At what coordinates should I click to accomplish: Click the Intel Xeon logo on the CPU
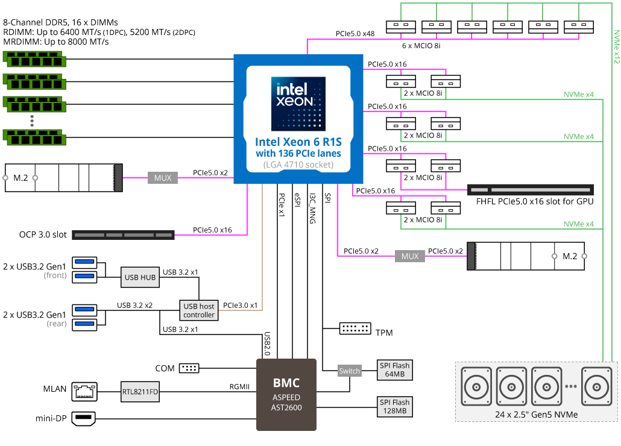pyautogui.click(x=298, y=104)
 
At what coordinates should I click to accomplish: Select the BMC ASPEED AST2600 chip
pyautogui.click(x=286, y=395)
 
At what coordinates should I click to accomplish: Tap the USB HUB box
pyautogui.click(x=140, y=277)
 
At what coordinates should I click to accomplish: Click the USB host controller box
pyautogui.click(x=199, y=310)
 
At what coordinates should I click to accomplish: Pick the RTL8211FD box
pyautogui.click(x=140, y=392)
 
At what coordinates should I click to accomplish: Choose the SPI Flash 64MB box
pyautogui.click(x=394, y=370)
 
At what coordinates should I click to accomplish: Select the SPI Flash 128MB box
pyautogui.click(x=394, y=406)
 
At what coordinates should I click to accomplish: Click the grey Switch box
pyautogui.click(x=350, y=371)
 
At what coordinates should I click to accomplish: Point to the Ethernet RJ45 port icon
pyautogui.click(x=84, y=392)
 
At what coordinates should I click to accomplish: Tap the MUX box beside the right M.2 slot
pyautogui.click(x=410, y=257)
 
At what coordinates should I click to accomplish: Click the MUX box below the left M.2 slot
pyautogui.click(x=163, y=178)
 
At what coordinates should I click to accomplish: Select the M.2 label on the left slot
pyautogui.click(x=20, y=178)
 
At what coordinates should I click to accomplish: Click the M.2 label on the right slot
pyautogui.click(x=570, y=256)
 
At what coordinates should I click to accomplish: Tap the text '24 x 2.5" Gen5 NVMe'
pyautogui.click(x=536, y=414)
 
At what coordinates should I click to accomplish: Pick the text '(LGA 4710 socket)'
pyautogui.click(x=298, y=165)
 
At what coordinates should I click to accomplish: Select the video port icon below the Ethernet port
pyautogui.click(x=84, y=418)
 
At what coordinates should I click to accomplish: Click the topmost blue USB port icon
pyautogui.click(x=84, y=262)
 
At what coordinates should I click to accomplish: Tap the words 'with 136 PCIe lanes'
pyautogui.click(x=298, y=153)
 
